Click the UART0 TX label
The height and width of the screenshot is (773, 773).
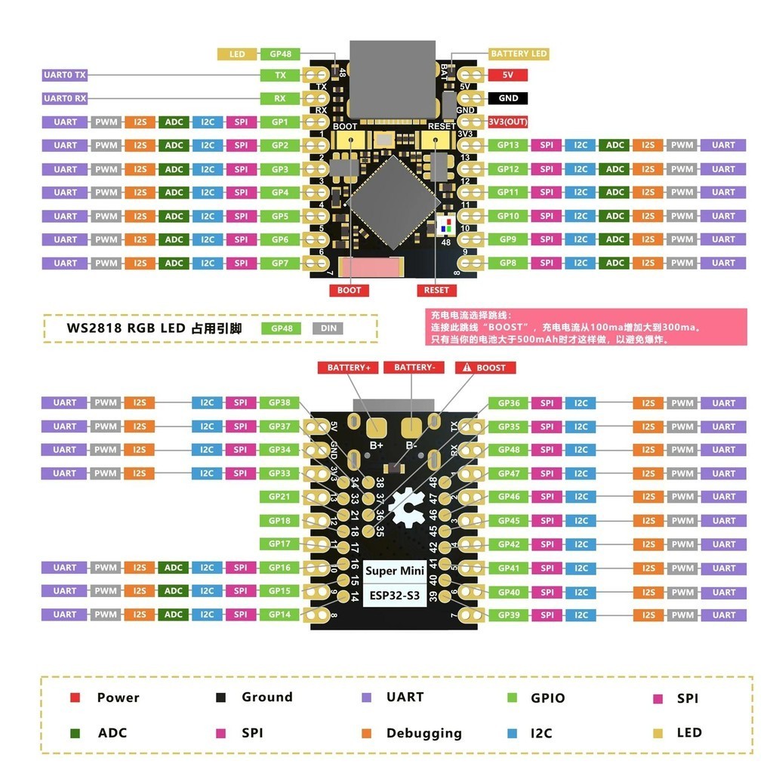point(65,75)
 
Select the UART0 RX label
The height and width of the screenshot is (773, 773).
point(65,99)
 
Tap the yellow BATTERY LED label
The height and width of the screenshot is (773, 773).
point(519,54)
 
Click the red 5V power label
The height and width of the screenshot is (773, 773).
point(508,75)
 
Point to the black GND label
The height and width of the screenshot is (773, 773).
point(508,98)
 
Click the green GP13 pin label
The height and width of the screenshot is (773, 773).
point(507,145)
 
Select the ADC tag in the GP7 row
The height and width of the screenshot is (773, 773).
point(174,263)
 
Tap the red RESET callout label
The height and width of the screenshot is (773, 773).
point(436,290)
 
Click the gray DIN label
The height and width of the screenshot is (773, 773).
point(329,328)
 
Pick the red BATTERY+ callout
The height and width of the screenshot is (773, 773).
point(348,368)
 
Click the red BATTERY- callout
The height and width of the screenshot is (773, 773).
point(414,368)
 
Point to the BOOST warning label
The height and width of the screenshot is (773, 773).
point(485,368)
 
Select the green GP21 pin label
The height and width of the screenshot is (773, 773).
point(279,497)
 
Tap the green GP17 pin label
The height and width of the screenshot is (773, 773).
point(279,544)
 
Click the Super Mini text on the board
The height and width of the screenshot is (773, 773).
point(394,571)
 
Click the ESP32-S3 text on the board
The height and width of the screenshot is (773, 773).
point(394,596)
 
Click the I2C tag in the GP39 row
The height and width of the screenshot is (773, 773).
point(581,614)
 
